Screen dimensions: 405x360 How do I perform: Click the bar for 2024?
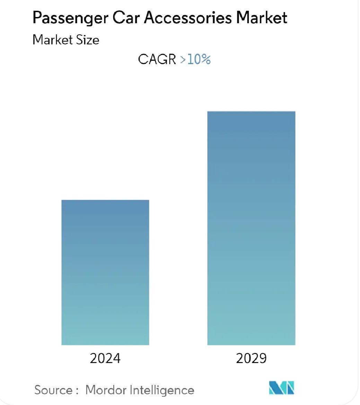(105, 272)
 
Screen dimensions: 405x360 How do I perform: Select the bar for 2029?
(251, 228)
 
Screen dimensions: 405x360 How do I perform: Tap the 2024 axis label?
(105, 358)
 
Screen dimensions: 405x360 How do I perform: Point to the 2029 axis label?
(251, 358)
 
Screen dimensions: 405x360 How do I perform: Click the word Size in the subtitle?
(88, 40)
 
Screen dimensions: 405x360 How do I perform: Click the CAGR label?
(157, 59)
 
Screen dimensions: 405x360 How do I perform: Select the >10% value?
(195, 59)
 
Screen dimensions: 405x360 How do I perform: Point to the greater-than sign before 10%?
(183, 60)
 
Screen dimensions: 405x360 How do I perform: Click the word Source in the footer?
(53, 390)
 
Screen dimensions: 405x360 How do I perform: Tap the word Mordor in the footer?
(106, 390)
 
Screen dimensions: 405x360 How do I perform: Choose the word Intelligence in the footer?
(162, 390)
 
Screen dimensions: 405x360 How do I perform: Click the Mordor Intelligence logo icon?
(281, 388)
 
